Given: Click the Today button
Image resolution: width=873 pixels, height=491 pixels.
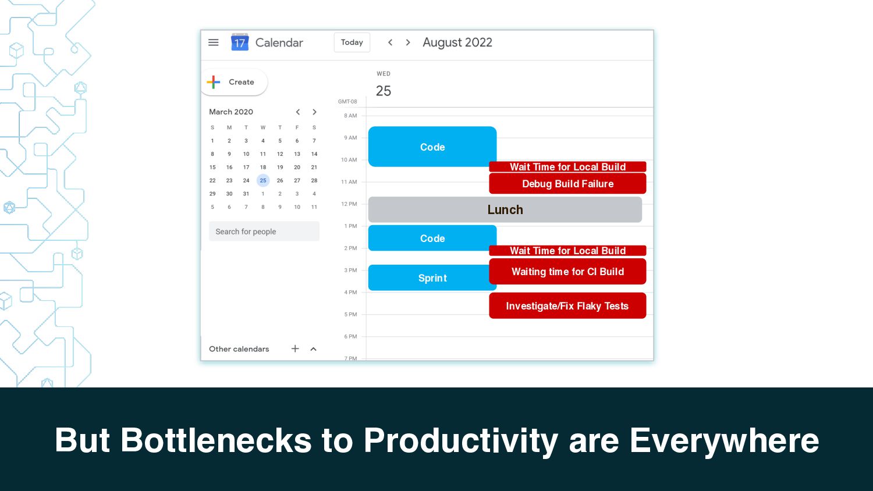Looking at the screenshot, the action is tap(352, 42).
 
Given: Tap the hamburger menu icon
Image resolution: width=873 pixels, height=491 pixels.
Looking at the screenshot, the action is tap(213, 42).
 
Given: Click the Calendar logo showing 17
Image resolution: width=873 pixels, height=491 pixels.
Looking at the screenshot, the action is tap(240, 42).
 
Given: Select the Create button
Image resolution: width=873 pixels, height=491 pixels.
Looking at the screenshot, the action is tap(235, 82).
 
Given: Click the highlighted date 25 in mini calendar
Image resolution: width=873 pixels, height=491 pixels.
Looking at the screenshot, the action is tap(263, 180).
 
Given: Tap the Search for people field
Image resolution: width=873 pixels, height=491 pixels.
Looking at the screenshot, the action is tap(264, 232).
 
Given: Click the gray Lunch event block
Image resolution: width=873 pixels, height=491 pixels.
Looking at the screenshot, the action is tap(505, 209).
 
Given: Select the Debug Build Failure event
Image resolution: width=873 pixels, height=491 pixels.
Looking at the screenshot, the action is tap(567, 183).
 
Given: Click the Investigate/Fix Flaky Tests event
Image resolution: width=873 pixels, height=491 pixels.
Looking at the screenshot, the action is tap(567, 306).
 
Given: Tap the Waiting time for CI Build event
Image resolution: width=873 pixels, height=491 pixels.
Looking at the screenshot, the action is tap(567, 272).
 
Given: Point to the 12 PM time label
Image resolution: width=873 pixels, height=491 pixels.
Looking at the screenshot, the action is tap(349, 204).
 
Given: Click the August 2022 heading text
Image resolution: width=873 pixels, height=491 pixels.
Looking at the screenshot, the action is tap(457, 42).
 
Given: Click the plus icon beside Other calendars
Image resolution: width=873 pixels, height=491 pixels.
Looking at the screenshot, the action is tap(295, 349).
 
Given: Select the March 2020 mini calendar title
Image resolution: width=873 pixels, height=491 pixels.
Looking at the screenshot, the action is tap(231, 112).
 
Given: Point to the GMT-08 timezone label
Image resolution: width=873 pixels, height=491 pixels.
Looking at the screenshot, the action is tap(347, 102).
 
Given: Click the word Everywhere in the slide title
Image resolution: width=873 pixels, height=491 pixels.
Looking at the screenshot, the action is tap(725, 440).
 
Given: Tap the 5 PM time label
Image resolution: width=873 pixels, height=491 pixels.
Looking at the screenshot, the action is tap(350, 315).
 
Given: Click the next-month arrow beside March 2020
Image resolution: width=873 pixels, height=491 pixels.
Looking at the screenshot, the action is tap(314, 112).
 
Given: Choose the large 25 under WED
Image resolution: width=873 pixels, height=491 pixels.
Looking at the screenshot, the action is tap(384, 91).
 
